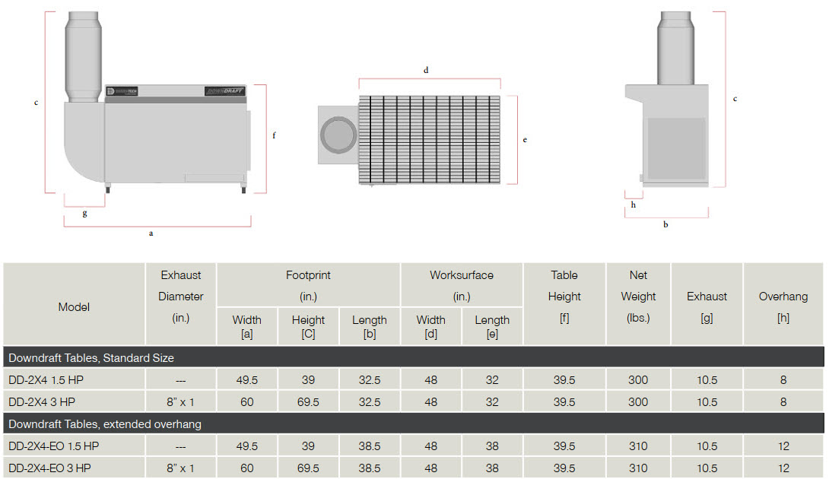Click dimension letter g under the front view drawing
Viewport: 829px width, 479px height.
tap(84, 214)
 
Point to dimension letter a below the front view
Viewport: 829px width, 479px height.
tap(151, 233)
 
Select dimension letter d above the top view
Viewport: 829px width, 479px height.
tap(426, 70)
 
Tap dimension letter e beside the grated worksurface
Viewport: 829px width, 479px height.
tap(525, 140)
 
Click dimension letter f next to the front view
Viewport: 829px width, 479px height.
tap(274, 136)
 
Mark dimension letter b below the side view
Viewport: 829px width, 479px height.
tap(665, 225)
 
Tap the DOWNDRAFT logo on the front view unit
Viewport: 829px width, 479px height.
tap(224, 91)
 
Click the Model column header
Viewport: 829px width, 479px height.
tap(74, 307)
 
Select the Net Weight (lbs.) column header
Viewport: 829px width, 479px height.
tap(638, 297)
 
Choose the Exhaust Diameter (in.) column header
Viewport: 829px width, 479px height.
tap(181, 297)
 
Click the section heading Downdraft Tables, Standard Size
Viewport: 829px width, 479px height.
tap(91, 357)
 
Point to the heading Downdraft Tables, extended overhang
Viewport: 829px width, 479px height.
tap(104, 423)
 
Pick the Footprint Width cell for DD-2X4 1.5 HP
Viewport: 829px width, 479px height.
tap(247, 379)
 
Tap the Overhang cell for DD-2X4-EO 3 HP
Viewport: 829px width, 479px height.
tap(783, 468)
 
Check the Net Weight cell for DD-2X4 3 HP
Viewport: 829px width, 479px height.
tap(638, 401)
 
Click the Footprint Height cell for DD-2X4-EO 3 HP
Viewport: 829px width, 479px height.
tap(308, 468)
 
